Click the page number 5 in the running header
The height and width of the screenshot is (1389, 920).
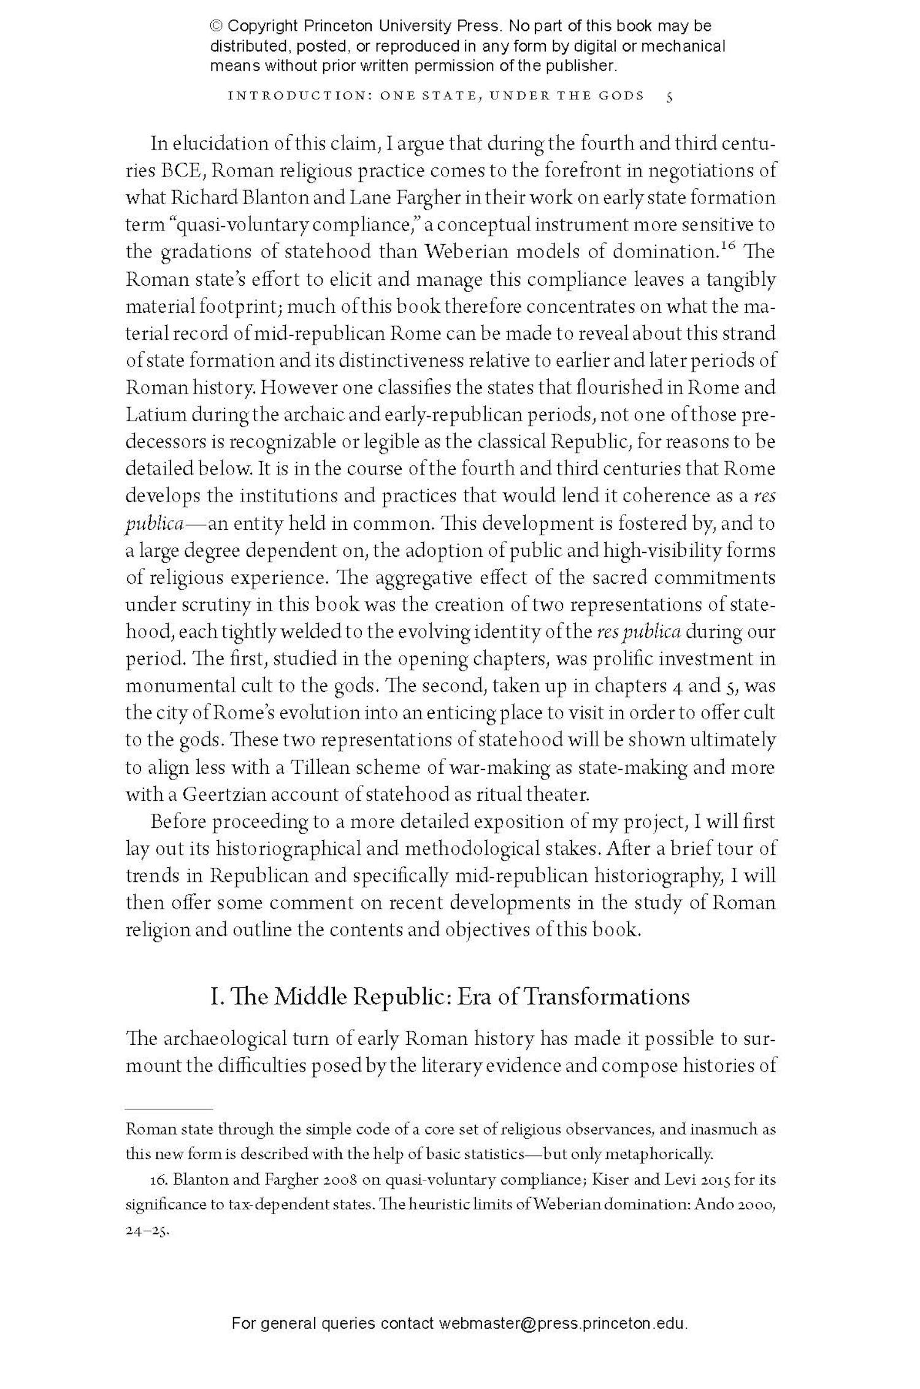pos(670,96)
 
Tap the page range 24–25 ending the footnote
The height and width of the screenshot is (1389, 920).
pos(147,1231)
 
